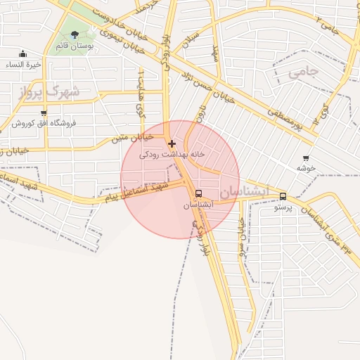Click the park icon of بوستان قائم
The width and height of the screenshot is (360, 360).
click(x=75, y=34)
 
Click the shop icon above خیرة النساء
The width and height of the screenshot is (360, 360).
click(x=23, y=54)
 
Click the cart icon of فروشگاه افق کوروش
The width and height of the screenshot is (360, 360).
click(x=44, y=112)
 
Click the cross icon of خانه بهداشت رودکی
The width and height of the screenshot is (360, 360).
click(x=172, y=143)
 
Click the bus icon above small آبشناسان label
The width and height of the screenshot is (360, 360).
click(x=198, y=193)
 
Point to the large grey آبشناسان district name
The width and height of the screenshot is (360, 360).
click(x=244, y=191)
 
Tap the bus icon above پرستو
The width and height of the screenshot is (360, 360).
click(x=283, y=197)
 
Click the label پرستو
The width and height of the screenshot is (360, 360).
click(x=283, y=207)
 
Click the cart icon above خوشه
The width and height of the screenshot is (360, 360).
click(x=305, y=158)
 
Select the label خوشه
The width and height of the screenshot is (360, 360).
click(x=304, y=168)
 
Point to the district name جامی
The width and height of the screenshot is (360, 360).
click(x=304, y=71)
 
